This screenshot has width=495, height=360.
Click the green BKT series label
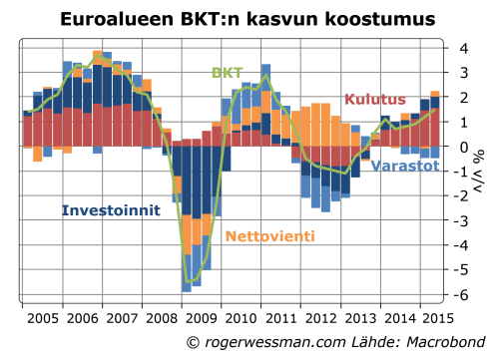228,73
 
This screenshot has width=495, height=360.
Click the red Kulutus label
374,99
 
